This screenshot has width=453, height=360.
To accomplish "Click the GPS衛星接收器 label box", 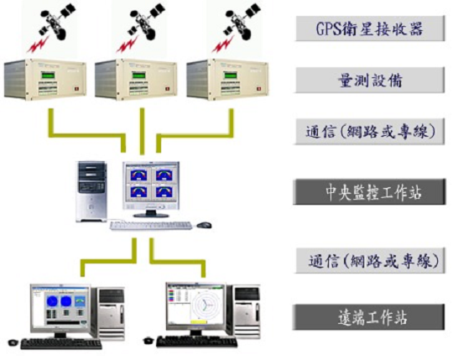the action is [x=370, y=29].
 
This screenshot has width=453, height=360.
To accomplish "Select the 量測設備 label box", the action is [x=370, y=80].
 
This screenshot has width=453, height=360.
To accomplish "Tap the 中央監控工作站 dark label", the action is [x=369, y=192].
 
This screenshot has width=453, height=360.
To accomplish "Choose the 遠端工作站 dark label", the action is [x=369, y=317].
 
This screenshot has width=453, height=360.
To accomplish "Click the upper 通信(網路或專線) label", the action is [x=370, y=132].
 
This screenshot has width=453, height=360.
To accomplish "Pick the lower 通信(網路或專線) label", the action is [x=371, y=261].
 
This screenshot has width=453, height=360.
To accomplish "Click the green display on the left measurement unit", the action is [x=48, y=76].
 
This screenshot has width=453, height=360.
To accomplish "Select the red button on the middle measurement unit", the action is [x=167, y=89].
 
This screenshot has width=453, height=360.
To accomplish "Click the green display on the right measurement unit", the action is [x=230, y=76].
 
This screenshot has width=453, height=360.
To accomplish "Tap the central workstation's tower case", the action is [x=91, y=191].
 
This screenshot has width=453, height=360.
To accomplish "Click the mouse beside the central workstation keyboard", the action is [x=204, y=225].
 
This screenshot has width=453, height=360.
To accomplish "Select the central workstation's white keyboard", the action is [x=151, y=226].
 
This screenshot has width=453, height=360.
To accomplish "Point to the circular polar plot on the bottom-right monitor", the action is [x=205, y=305].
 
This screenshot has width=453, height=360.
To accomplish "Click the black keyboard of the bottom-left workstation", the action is [x=61, y=344].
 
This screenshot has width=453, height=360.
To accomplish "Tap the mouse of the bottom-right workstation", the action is [x=148, y=341].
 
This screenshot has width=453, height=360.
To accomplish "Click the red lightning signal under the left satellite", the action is [x=37, y=45].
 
